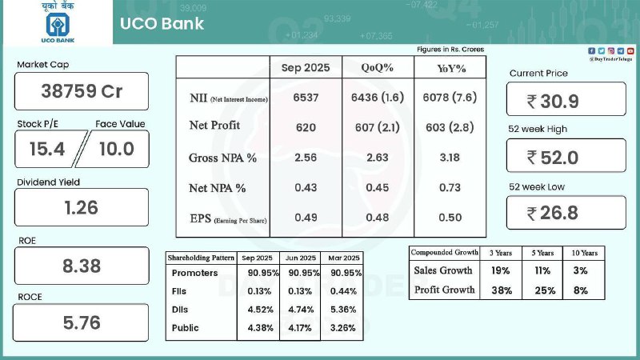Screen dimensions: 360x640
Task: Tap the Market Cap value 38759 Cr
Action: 82,91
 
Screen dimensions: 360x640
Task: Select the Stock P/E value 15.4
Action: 46,148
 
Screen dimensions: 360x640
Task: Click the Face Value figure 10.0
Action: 115,148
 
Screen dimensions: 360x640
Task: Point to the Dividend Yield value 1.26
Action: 82,208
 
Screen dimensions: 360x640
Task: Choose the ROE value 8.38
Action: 82,266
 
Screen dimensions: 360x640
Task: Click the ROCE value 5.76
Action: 82,324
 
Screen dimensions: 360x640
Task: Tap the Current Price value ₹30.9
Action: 565,101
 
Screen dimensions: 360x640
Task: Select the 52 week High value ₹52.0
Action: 565,157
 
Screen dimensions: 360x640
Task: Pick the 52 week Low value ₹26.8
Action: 565,213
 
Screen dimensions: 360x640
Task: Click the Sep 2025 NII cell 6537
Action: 305,98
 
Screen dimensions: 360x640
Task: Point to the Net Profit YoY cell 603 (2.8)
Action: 450,127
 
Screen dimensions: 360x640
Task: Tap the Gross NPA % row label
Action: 222,158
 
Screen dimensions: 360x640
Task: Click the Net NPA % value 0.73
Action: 450,187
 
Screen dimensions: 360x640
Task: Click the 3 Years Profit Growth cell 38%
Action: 500,290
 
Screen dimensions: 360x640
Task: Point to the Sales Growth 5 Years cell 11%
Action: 542,271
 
